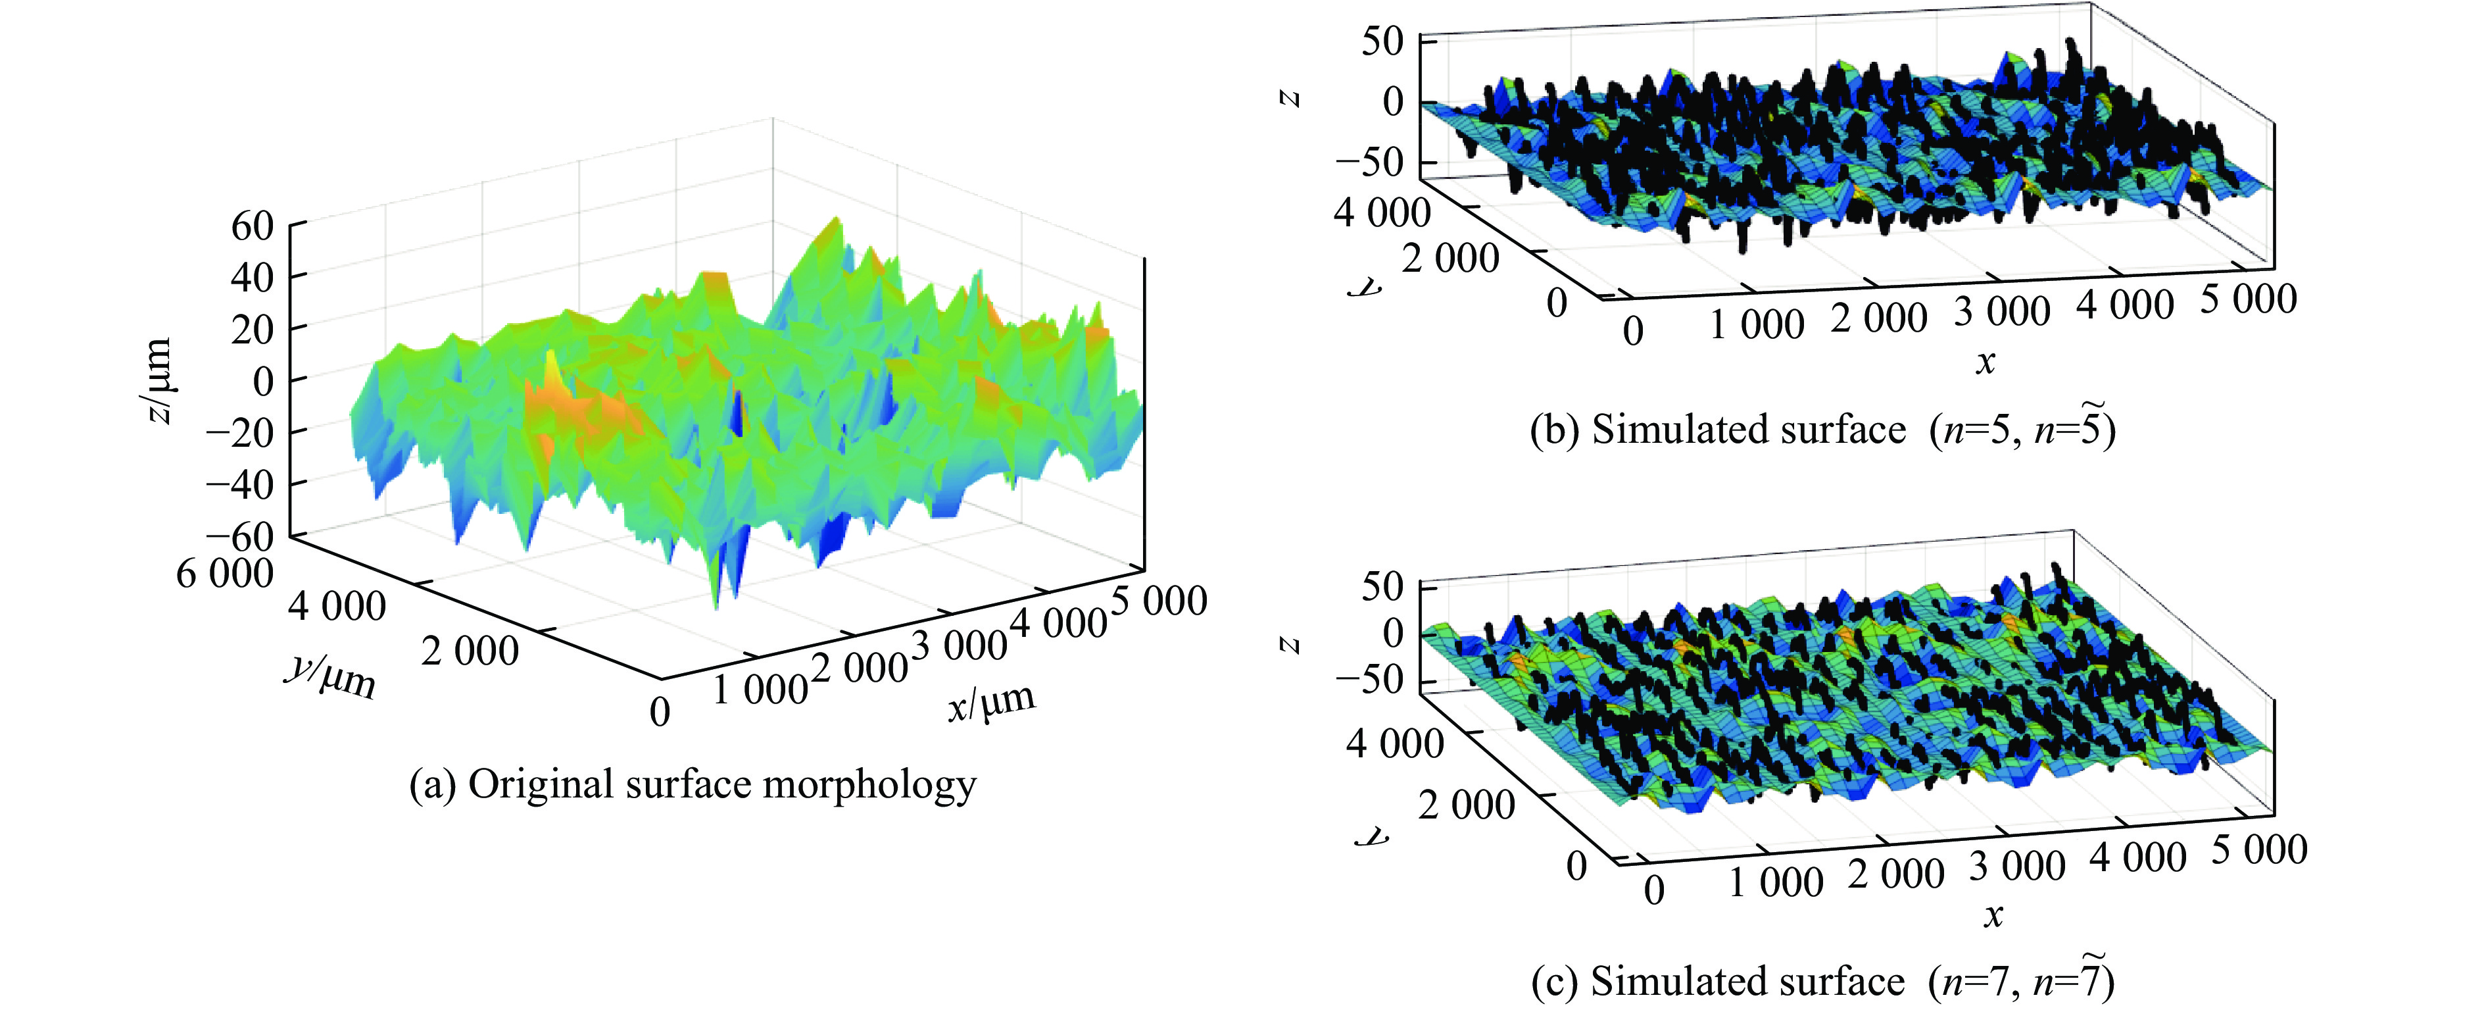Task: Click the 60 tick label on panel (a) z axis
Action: pyautogui.click(x=253, y=227)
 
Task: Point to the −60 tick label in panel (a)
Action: pyautogui.click(x=239, y=536)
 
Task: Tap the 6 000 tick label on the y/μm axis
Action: pyautogui.click(x=225, y=574)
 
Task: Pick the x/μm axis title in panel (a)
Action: pyautogui.click(x=991, y=702)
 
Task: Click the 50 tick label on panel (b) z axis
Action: pyautogui.click(x=1383, y=41)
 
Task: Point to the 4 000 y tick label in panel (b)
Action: pyautogui.click(x=1382, y=211)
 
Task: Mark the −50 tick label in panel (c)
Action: pyautogui.click(x=1369, y=680)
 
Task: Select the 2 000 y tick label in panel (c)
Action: pyautogui.click(x=1467, y=804)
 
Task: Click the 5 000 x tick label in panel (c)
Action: pyautogui.click(x=2259, y=849)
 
